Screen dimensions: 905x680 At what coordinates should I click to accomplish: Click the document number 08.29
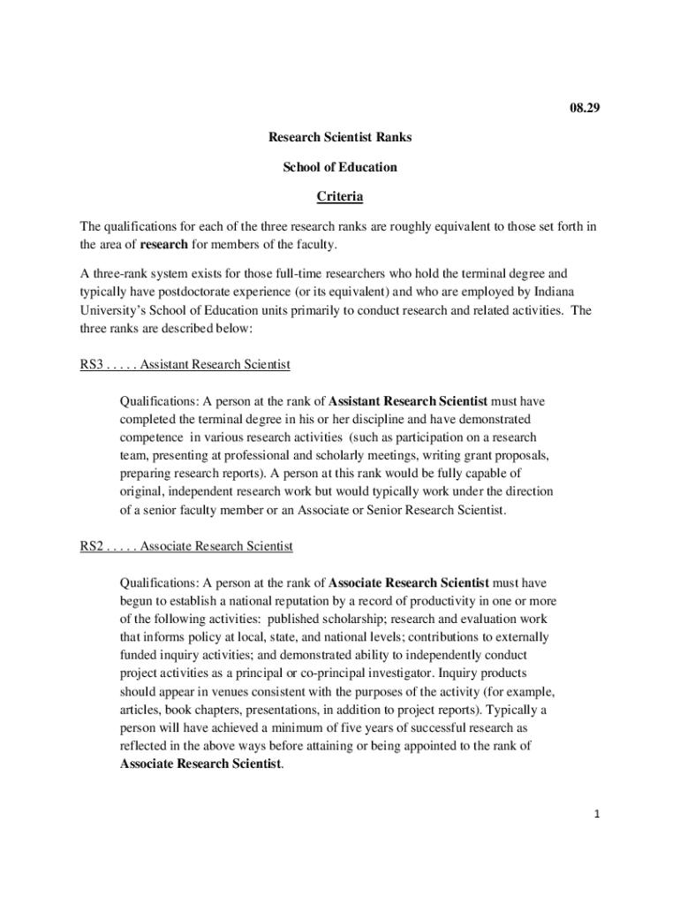pos(584,109)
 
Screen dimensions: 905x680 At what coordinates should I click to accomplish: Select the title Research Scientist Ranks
pos(340,138)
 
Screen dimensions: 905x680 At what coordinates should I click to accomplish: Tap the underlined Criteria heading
pos(340,196)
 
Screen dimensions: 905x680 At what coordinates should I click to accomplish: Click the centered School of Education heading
pos(340,167)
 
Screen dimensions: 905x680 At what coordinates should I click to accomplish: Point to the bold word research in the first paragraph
pos(163,244)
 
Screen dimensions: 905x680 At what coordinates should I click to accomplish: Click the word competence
pos(150,437)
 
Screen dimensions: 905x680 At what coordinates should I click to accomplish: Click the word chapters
pos(216,710)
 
